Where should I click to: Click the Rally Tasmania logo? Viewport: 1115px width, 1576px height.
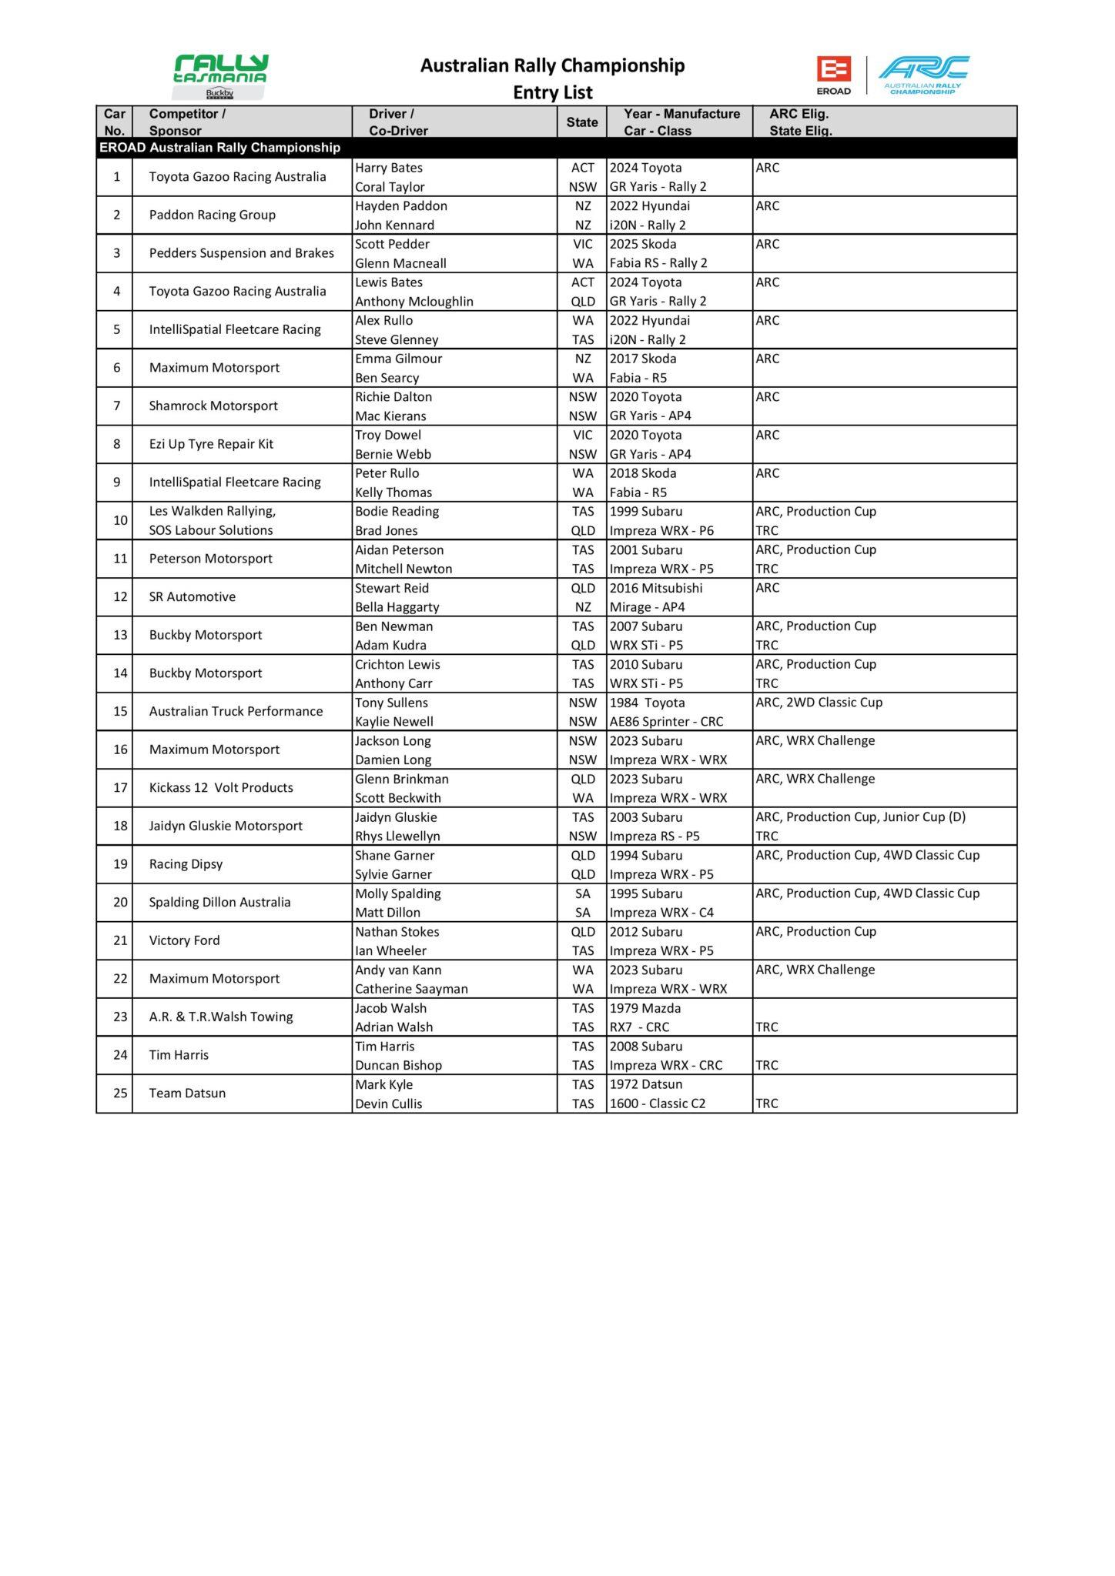[x=220, y=75]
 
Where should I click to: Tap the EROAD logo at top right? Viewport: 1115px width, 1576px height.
[x=833, y=75]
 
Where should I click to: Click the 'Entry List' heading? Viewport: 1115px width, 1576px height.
[x=553, y=92]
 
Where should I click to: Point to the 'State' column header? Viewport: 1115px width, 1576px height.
[x=581, y=122]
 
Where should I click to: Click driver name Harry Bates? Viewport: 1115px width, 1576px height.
[x=389, y=168]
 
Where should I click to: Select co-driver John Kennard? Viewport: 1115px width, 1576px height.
[x=394, y=225]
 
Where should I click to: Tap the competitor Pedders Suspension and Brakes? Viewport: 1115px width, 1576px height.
[x=241, y=253]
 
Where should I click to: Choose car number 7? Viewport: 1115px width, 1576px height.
[x=117, y=406]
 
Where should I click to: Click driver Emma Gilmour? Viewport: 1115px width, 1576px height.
[x=398, y=359]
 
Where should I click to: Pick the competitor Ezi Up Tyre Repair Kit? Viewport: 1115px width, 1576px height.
[x=211, y=444]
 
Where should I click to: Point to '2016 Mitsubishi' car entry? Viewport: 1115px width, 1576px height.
[x=656, y=588]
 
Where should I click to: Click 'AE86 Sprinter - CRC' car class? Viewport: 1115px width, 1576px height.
[x=666, y=722]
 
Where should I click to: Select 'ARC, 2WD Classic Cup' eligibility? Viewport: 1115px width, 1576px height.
[x=819, y=703]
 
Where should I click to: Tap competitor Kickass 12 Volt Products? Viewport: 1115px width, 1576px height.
[x=221, y=787]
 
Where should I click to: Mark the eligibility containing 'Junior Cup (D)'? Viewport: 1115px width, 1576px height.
[x=860, y=817]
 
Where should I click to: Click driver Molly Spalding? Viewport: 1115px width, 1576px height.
[x=397, y=893]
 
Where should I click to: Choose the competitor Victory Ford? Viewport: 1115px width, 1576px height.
[x=184, y=940]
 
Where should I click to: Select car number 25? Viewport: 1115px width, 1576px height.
[x=120, y=1093]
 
